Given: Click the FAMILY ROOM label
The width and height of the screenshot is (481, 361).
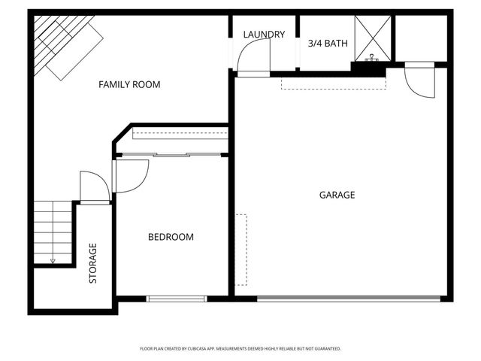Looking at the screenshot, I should click(x=129, y=85).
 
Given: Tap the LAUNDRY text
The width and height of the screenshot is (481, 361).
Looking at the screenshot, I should click(x=264, y=35).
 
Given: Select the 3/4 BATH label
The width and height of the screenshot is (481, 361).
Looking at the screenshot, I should click(x=328, y=44).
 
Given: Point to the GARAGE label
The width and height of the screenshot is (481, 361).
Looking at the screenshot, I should click(x=337, y=195).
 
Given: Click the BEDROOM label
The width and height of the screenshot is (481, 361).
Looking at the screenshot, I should click(x=170, y=237).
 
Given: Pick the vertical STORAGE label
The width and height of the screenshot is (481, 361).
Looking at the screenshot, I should click(x=93, y=262).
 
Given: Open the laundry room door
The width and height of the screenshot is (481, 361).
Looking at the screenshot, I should click(x=253, y=56).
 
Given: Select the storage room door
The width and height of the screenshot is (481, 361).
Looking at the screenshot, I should click(x=95, y=187).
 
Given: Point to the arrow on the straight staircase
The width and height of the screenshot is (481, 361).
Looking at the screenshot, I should click(x=53, y=260).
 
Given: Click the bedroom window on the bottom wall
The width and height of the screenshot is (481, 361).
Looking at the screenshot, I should click(x=176, y=299).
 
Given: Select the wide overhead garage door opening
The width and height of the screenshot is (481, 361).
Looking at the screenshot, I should click(x=349, y=299).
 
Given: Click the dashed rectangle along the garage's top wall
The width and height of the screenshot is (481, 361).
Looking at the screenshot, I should click(x=332, y=82).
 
